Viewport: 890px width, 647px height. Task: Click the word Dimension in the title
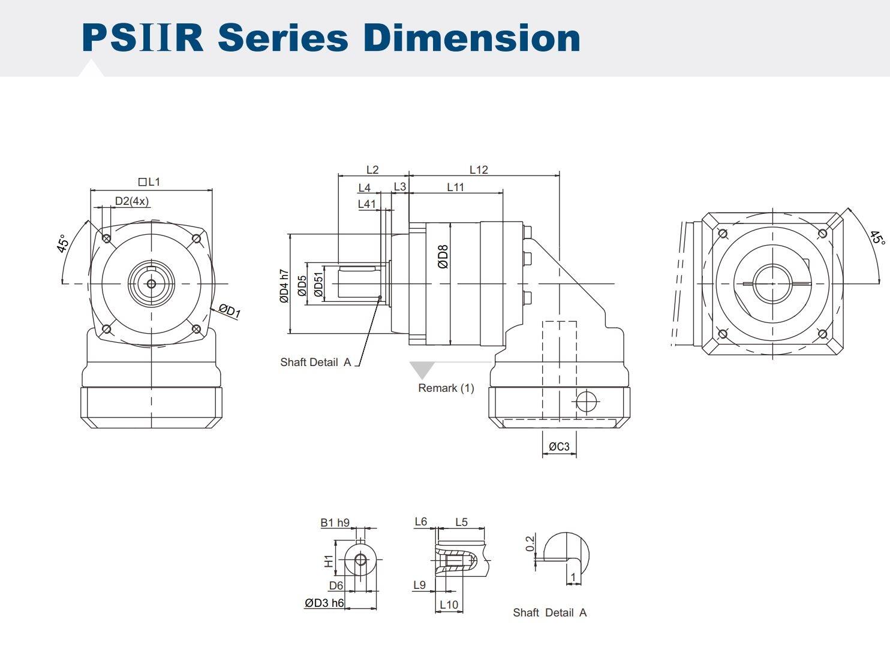click(x=471, y=37)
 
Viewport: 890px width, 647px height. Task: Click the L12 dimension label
click(x=479, y=170)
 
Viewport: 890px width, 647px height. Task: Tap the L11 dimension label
click(x=455, y=188)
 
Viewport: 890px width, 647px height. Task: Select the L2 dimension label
click(x=372, y=170)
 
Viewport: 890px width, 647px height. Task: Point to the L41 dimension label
click(x=366, y=204)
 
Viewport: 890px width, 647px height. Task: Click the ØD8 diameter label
click(x=443, y=256)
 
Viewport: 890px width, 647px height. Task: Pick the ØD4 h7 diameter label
click(x=284, y=286)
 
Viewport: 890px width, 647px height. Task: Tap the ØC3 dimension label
click(x=559, y=447)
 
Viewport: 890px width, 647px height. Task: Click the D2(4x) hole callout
click(x=132, y=201)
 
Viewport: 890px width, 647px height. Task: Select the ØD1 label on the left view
click(x=229, y=310)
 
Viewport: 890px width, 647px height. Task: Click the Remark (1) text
click(x=446, y=388)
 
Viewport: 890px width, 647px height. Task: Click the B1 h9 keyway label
click(x=335, y=522)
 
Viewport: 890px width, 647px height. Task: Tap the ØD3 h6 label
click(x=324, y=603)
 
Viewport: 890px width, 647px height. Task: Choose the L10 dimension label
click(x=449, y=604)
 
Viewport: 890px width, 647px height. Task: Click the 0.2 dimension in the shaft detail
click(x=530, y=543)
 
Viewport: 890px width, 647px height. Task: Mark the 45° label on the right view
click(x=877, y=238)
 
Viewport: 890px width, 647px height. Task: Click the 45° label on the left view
click(x=63, y=244)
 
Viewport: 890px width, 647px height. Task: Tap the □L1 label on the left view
click(x=149, y=182)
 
